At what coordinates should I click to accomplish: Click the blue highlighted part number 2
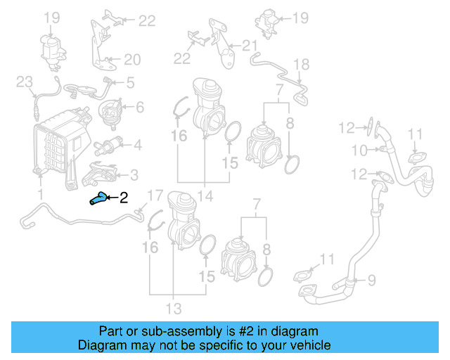coord(98,200)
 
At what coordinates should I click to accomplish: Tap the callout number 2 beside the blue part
coord(124,198)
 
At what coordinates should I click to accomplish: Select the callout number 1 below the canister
coord(40,193)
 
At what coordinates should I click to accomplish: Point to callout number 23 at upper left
coord(25,83)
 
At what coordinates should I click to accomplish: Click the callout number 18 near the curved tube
coord(301,65)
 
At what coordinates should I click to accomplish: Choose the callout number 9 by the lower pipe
coord(371,281)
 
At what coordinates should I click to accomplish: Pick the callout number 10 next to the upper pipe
coord(359,150)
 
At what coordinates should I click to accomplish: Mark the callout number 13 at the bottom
coord(173,308)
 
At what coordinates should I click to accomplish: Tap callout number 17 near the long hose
coord(154,195)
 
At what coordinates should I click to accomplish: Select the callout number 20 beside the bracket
coord(133,59)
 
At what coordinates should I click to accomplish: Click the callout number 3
coord(134,174)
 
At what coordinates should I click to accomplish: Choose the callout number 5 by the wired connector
coord(130,83)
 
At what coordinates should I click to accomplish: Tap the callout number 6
coord(139,107)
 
